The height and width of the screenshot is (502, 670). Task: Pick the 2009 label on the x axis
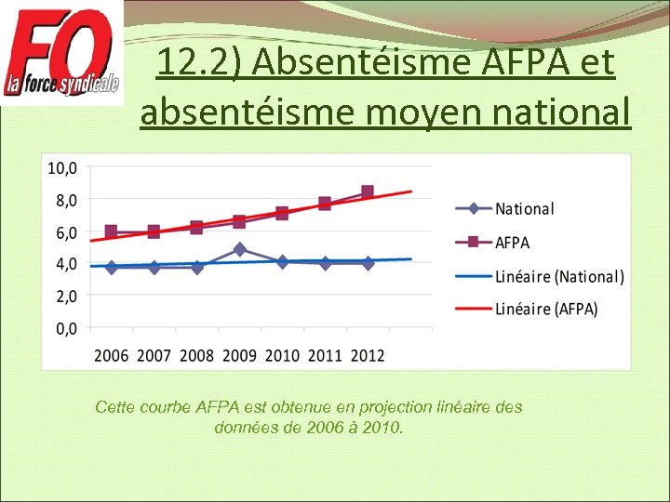coord(239,356)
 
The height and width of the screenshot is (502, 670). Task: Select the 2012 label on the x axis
coord(367,356)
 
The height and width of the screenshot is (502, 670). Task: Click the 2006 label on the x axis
coord(112,356)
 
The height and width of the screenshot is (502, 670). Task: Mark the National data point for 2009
coord(240,249)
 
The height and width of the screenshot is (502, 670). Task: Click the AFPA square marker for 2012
coord(368,192)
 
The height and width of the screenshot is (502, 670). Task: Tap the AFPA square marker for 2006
coord(112,231)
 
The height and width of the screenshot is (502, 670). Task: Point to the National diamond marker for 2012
coord(368,263)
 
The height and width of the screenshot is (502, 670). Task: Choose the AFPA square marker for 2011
coord(325,204)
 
